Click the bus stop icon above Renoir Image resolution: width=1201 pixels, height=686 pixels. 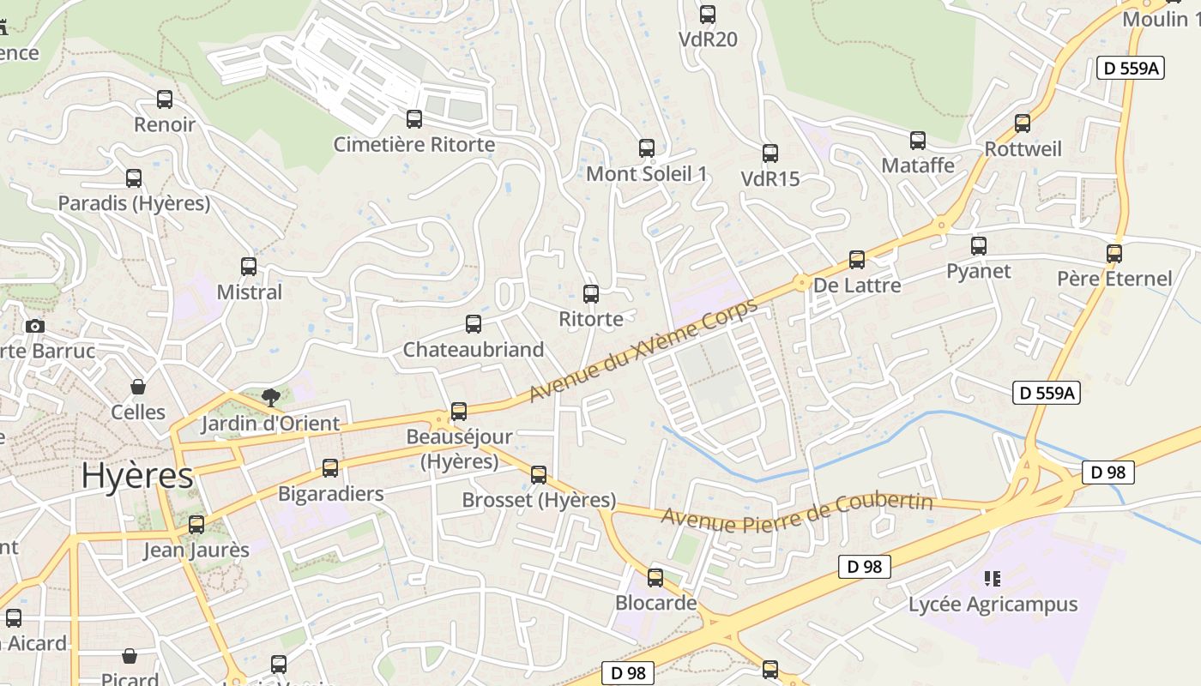165,99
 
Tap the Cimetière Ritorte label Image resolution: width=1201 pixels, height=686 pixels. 414,144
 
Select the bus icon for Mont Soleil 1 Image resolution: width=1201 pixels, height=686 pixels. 647,148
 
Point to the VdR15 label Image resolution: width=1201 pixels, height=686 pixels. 769,178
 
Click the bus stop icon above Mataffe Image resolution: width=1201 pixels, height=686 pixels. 918,141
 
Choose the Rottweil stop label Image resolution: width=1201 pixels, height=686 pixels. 1023,149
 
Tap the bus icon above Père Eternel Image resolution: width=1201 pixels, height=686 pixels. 1114,254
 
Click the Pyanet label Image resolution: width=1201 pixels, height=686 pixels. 978,271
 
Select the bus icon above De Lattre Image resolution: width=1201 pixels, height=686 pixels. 857,260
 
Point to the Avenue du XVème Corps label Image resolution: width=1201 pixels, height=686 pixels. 643,350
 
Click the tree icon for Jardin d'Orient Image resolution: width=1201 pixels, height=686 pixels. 271,397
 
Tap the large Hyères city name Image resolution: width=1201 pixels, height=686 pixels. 137,476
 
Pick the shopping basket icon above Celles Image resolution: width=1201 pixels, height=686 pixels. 137,387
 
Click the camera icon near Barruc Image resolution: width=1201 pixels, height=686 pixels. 35,327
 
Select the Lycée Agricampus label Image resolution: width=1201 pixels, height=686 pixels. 993,605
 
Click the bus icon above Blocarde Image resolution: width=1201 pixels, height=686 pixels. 655,578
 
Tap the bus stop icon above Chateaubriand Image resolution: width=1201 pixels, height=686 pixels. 474,324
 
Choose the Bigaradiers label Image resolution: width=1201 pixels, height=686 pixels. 330,494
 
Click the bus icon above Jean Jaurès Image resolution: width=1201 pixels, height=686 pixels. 196,525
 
